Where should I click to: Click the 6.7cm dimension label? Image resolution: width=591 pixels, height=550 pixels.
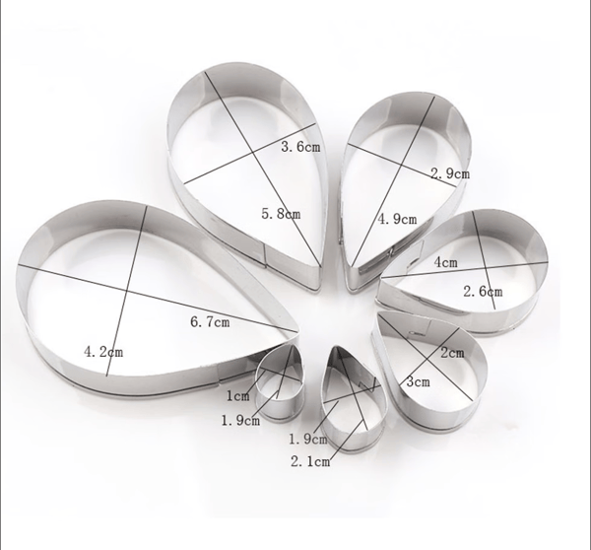click(210, 321)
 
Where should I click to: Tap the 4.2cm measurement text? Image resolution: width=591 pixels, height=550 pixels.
click(103, 352)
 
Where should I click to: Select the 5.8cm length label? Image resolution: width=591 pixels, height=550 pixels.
click(281, 214)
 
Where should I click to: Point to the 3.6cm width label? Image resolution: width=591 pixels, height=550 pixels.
click(300, 146)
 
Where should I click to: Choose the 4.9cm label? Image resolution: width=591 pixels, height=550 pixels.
click(397, 219)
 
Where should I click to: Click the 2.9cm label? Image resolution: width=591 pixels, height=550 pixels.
click(450, 173)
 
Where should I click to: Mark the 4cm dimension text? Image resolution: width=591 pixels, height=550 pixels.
click(446, 262)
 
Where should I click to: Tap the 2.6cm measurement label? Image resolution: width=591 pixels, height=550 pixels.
click(483, 291)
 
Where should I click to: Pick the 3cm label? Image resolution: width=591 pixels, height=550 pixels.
click(418, 381)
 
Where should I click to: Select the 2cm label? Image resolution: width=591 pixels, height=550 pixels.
click(452, 353)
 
